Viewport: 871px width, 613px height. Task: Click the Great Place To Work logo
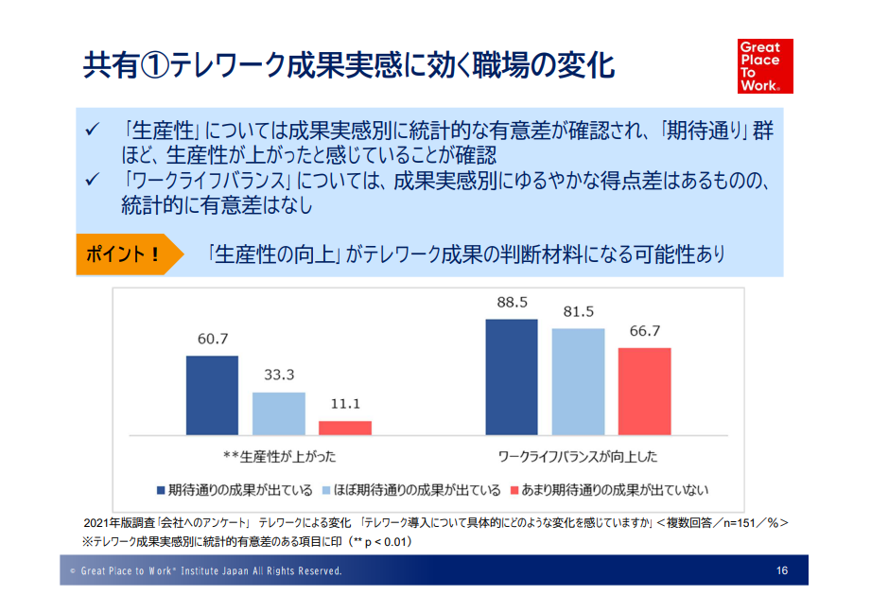pyautogui.click(x=765, y=65)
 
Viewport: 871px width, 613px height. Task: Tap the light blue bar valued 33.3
pyautogui.click(x=279, y=412)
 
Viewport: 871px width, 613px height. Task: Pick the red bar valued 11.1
pyautogui.click(x=345, y=427)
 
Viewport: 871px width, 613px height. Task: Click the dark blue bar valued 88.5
pyautogui.click(x=512, y=377)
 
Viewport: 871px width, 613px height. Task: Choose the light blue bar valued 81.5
pyautogui.click(x=578, y=381)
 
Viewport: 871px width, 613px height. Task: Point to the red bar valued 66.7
pyautogui.click(x=644, y=391)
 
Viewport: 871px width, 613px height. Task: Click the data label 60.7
pyautogui.click(x=212, y=339)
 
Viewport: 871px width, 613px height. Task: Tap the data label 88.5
pyautogui.click(x=512, y=303)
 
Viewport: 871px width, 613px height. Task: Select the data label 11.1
pyautogui.click(x=345, y=404)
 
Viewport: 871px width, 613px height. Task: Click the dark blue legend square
pyautogui.click(x=161, y=490)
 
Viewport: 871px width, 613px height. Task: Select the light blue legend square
pyautogui.click(x=327, y=490)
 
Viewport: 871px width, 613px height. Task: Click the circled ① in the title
pyautogui.click(x=155, y=65)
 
